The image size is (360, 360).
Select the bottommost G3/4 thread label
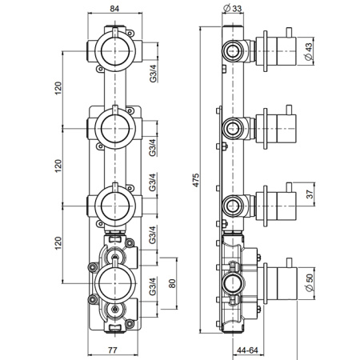pyautogui.click(x=151, y=297)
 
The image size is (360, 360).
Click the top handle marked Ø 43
pyautogui.click(x=277, y=50)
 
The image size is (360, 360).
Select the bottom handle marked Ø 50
pyautogui.click(x=277, y=282)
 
